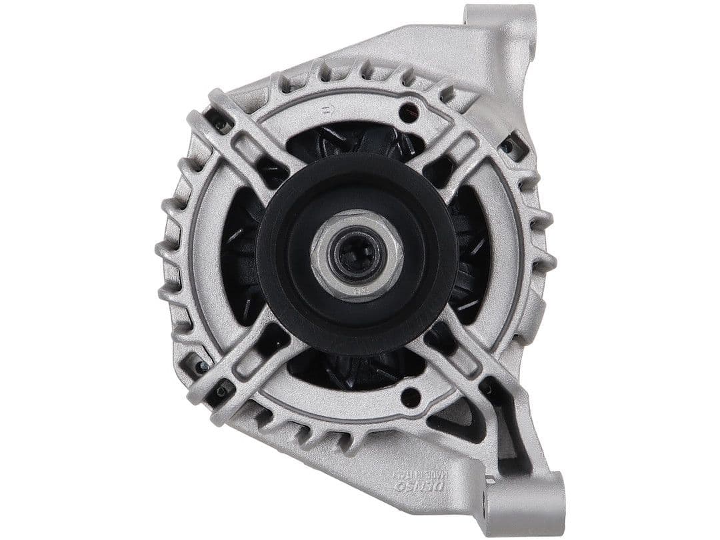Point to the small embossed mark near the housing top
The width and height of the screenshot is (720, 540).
pos(327,110)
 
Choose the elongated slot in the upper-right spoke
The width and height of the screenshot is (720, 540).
pos(460,144)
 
